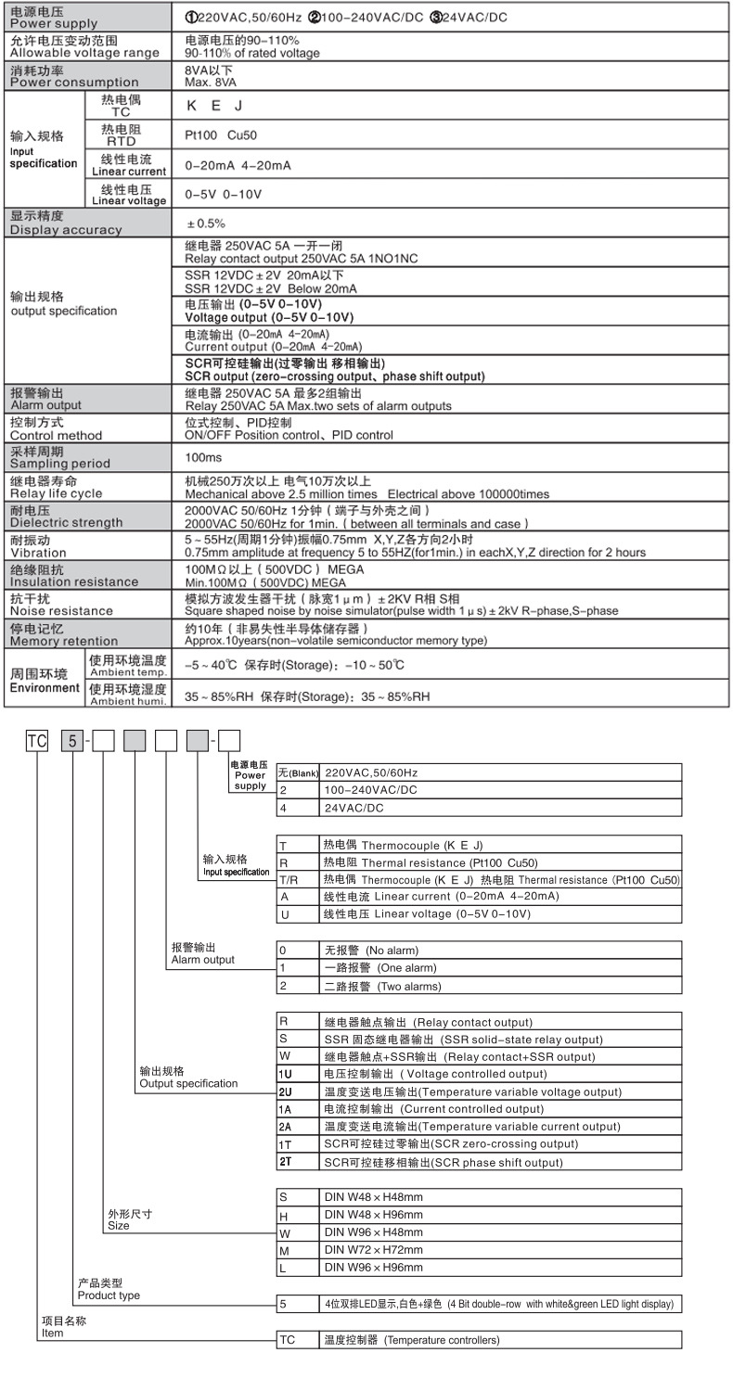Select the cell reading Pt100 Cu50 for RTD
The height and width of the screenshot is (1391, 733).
[221, 135]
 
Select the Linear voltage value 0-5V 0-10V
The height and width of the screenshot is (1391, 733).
[224, 195]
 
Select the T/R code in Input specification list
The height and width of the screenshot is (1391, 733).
[288, 879]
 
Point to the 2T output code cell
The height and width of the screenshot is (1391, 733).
[286, 1162]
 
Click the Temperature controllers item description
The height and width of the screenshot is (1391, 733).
[411, 1340]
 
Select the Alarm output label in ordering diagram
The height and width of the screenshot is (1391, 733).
[202, 954]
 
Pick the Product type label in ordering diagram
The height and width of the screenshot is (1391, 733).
[109, 1289]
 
